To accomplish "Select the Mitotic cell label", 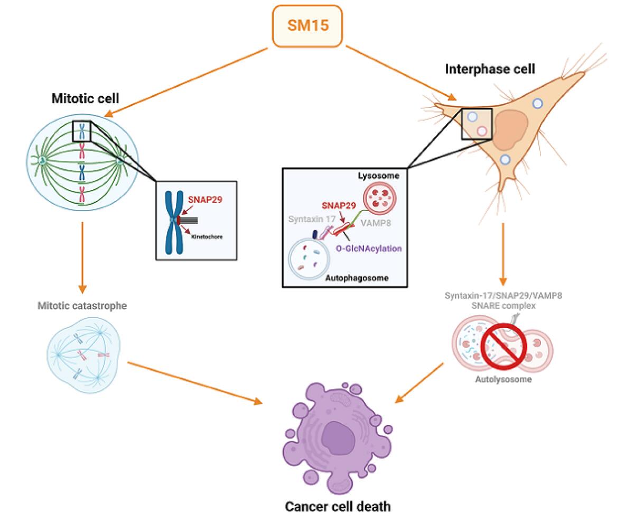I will click(85, 98).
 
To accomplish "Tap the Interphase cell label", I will click(490, 69).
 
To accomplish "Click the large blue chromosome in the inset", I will click(174, 220).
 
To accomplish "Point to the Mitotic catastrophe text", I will click(82, 305).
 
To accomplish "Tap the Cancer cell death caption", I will click(338, 506).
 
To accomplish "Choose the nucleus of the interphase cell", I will click(511, 130).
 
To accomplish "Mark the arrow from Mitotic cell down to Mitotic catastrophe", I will click(82, 257).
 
